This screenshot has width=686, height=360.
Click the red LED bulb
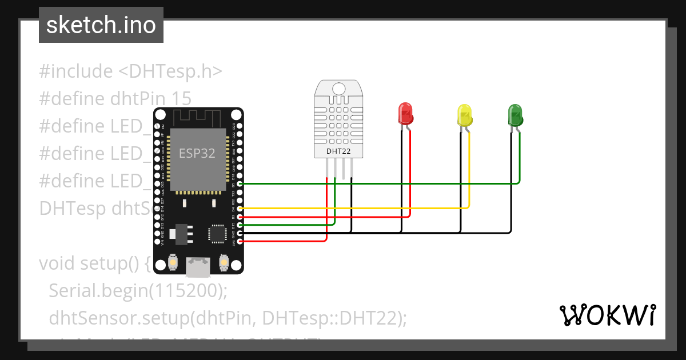coord(405,114)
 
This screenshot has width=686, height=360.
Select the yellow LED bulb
coord(465,115)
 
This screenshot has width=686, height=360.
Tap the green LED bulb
coord(515,114)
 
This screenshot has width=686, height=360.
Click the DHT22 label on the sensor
coord(338,151)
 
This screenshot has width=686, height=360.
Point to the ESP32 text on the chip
coord(197,153)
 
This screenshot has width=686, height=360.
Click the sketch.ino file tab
coord(101,25)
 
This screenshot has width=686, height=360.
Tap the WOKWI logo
coord(607,315)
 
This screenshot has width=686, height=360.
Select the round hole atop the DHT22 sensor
coord(338,89)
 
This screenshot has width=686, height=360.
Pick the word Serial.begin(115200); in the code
coord(138,291)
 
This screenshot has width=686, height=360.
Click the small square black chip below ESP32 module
coord(217,233)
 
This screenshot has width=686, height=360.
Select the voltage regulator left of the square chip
coord(182,233)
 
